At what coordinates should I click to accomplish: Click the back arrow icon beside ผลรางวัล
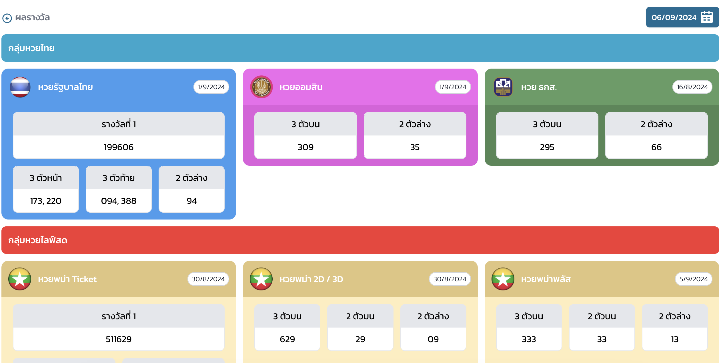pos(7,18)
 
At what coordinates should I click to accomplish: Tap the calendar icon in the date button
pos(706,17)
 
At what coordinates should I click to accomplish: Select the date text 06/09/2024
pos(674,17)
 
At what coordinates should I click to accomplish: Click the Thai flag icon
pos(20,87)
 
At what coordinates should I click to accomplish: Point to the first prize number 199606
pos(119,147)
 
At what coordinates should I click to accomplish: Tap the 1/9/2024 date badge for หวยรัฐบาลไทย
pos(211,87)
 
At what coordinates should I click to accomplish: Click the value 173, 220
pos(46,201)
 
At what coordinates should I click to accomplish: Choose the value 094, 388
pos(119,201)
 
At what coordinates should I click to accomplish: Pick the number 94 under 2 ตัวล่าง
pos(191,201)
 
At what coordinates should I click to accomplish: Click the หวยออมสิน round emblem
pos(261,87)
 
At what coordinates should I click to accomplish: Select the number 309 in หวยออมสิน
pos(305,147)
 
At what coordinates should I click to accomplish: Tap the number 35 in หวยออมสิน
pos(415,147)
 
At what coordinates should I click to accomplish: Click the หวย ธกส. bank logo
pos(503,87)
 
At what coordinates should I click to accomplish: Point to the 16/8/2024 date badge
pos(692,87)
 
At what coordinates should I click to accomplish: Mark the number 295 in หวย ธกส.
pos(547,147)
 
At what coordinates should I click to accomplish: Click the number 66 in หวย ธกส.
pos(656,147)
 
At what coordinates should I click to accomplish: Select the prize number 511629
pos(119,339)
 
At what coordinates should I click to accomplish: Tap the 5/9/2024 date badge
pos(694,279)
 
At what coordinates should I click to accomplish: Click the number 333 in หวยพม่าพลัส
pos(529,339)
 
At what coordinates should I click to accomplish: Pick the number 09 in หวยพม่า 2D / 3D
pos(433,339)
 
